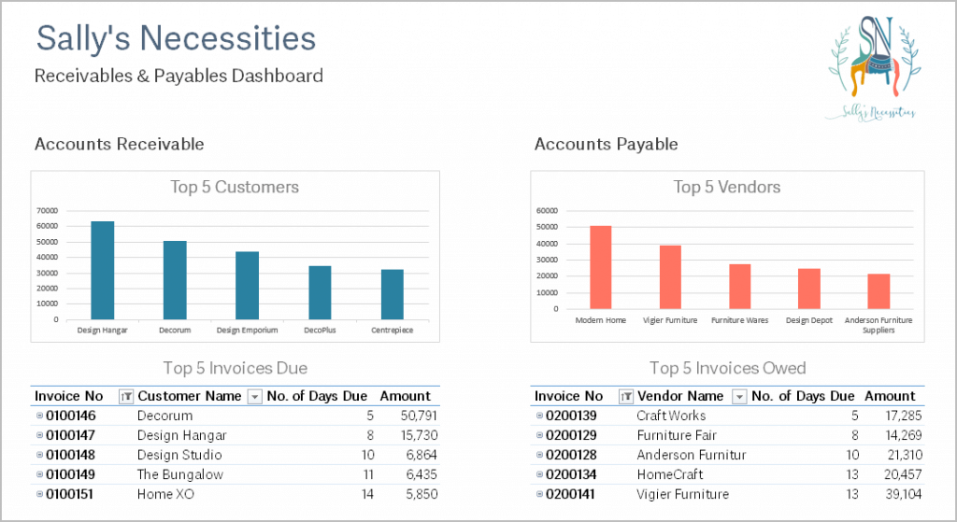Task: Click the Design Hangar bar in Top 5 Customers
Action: [102, 271]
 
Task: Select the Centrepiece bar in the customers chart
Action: [392, 294]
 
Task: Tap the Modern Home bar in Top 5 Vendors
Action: [600, 267]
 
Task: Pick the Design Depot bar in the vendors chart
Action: [808, 289]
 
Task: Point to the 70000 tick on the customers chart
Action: [47, 210]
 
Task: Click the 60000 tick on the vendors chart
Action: [546, 210]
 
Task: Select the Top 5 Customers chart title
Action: [235, 188]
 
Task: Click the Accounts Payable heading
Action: [606, 144]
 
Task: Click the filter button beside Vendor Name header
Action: [739, 396]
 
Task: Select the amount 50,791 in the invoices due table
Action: [419, 416]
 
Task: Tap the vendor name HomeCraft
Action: [670, 474]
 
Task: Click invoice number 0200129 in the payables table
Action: [574, 435]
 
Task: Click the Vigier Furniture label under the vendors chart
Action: [670, 320]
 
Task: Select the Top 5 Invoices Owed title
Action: [727, 368]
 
